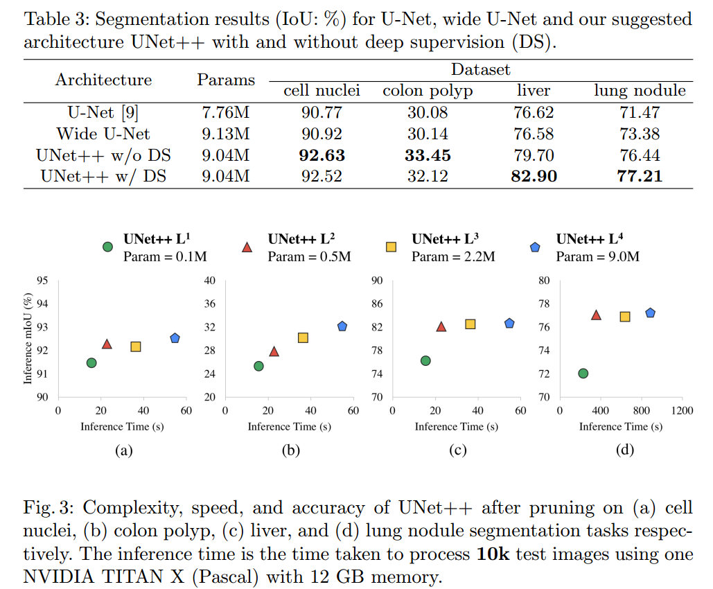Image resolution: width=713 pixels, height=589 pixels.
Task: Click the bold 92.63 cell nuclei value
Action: (322, 155)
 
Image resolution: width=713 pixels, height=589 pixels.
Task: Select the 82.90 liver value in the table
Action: (534, 177)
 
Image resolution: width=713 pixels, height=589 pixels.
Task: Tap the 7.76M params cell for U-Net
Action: (226, 112)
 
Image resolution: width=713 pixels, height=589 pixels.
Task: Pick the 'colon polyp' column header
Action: (428, 91)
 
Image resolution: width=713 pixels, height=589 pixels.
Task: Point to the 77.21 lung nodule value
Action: (640, 177)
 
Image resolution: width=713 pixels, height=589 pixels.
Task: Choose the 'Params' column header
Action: (226, 80)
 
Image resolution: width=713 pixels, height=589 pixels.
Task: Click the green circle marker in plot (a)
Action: (91, 362)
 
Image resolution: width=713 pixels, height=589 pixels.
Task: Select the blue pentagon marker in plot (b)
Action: (342, 326)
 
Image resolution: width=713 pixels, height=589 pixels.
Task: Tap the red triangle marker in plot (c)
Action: (441, 326)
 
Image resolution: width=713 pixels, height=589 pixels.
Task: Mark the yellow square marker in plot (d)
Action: (624, 317)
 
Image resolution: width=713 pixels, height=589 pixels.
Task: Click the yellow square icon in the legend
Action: (391, 247)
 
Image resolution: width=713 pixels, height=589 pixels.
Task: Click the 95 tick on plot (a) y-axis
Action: (42, 281)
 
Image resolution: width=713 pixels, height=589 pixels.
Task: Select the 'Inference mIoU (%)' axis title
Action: (28, 339)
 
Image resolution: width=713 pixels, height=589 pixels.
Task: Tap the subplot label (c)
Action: (457, 451)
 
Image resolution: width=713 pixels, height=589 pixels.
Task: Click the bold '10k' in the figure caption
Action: (493, 555)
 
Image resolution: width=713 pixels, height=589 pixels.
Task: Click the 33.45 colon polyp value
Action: (428, 155)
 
